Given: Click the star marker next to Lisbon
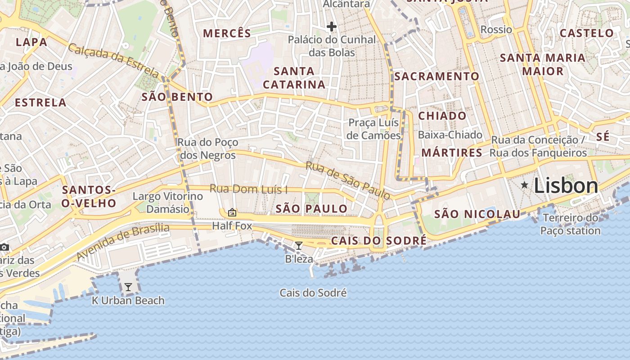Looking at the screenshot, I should click(x=524, y=185).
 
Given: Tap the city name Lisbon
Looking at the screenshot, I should click(x=566, y=186).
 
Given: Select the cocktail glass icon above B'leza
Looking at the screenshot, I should click(x=298, y=245).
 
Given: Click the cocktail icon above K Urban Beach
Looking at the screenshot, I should click(x=128, y=287).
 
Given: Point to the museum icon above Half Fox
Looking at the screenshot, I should click(x=232, y=212).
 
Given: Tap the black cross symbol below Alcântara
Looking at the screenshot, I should click(x=332, y=27).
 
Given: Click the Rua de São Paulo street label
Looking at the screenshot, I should click(x=348, y=180).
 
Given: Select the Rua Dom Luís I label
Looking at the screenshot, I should click(x=248, y=189).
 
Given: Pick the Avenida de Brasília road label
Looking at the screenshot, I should click(x=122, y=242).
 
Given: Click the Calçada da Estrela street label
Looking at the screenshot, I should click(x=113, y=59).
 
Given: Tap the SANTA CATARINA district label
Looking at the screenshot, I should click(x=294, y=78).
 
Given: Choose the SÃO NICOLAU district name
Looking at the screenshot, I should click(x=477, y=214).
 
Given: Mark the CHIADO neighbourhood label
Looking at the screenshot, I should click(x=442, y=116).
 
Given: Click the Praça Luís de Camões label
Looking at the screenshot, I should click(x=374, y=129).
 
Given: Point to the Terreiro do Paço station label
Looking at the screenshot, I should click(x=571, y=225).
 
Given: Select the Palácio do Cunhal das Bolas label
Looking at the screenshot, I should click(x=332, y=46).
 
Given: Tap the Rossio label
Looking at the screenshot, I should click(x=496, y=30).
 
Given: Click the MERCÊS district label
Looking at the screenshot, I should click(x=227, y=33).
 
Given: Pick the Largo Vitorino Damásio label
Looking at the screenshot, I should click(x=168, y=202).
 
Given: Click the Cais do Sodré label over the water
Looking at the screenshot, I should click(x=313, y=293).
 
